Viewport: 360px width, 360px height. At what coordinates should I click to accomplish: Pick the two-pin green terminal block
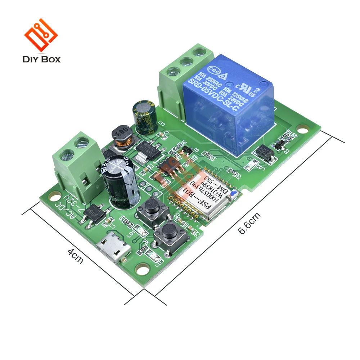76,162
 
